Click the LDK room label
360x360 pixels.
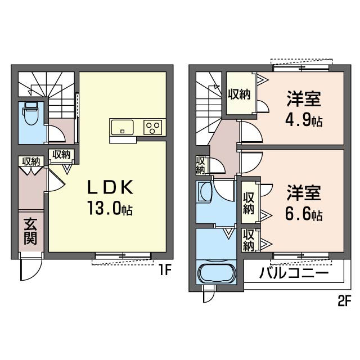coord(110,187)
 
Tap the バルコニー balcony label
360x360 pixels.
coord(294,273)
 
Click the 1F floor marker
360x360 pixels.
coord(165,271)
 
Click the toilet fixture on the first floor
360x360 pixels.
coord(31,114)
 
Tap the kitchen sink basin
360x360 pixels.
coord(122,128)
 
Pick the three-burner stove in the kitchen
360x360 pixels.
coord(153,128)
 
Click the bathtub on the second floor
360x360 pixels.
coord(217,274)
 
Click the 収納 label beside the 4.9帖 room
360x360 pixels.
coord(239,94)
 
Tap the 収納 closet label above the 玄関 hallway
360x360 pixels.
coord(31,161)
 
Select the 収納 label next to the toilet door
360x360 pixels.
coord(61,155)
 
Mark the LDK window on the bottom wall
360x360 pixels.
coord(123,255)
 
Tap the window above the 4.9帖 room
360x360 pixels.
coord(301,68)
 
